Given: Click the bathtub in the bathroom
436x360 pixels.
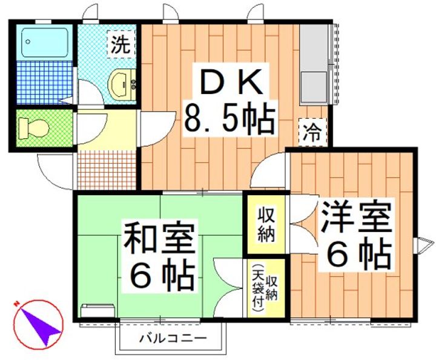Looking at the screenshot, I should (x=44, y=42).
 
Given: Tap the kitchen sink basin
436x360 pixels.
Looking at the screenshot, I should (x=315, y=87).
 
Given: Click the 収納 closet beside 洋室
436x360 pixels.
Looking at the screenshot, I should (x=265, y=223).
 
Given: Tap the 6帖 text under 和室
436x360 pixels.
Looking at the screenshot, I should (x=160, y=275).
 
